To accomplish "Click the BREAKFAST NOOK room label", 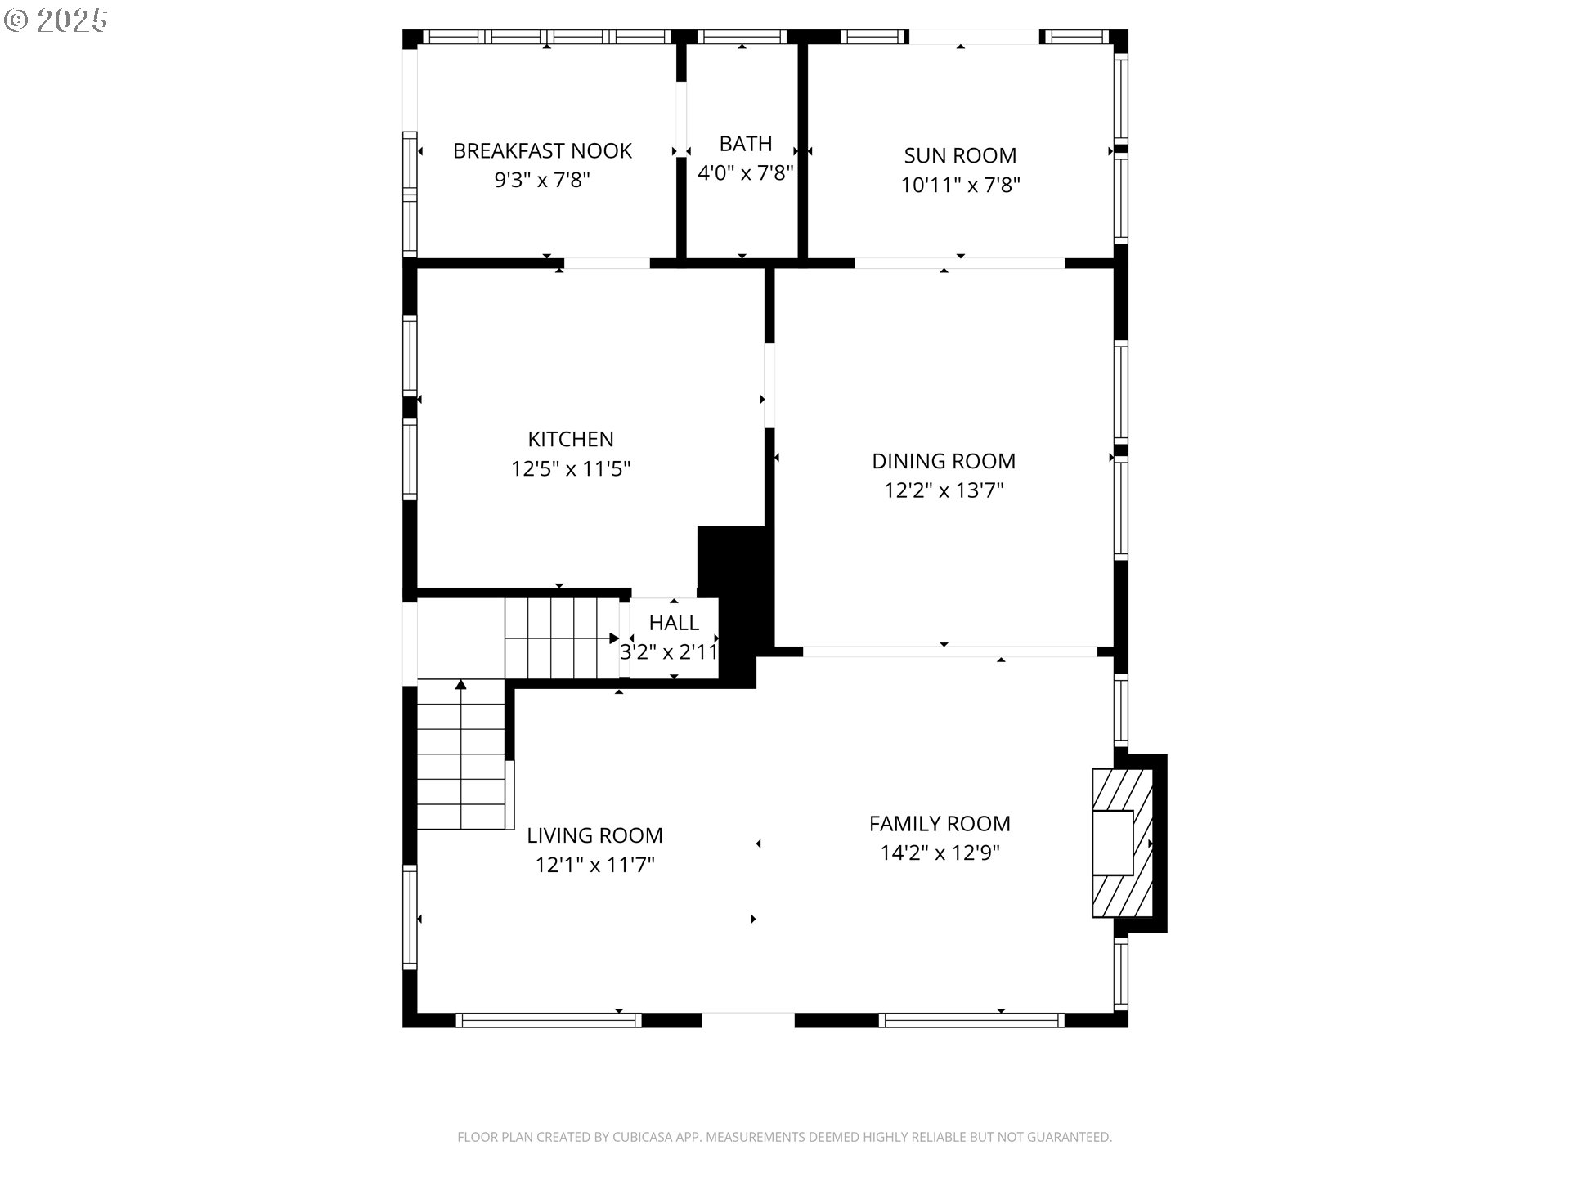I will click(542, 150).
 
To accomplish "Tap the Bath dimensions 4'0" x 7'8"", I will click(745, 173).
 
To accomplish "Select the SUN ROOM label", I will click(960, 155).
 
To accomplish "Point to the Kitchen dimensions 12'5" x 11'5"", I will click(571, 468).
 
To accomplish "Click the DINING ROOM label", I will click(944, 461).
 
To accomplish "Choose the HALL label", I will click(674, 623).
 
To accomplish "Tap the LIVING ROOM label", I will click(594, 835).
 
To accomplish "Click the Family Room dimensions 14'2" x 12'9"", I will click(940, 853).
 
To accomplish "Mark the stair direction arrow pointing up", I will click(461, 687).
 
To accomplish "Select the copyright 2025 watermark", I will click(56, 20).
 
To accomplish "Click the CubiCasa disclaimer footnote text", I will click(784, 1137).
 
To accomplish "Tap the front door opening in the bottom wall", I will click(748, 1019).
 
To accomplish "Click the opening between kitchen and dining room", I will click(769, 385).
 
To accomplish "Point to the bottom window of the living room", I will click(548, 1019).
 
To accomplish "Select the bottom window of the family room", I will click(971, 1019).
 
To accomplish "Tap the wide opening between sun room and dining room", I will click(959, 263).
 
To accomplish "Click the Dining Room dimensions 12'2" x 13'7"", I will click(944, 490).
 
